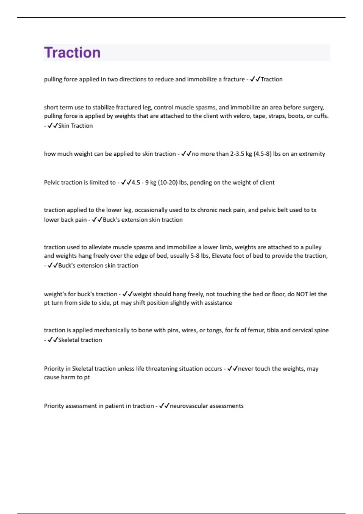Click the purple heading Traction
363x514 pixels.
72,53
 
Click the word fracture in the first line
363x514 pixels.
234,79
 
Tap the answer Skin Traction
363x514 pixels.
75,125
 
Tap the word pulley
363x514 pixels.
313,247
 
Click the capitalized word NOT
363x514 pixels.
302,294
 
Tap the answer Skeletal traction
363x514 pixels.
80,340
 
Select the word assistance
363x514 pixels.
218,303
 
